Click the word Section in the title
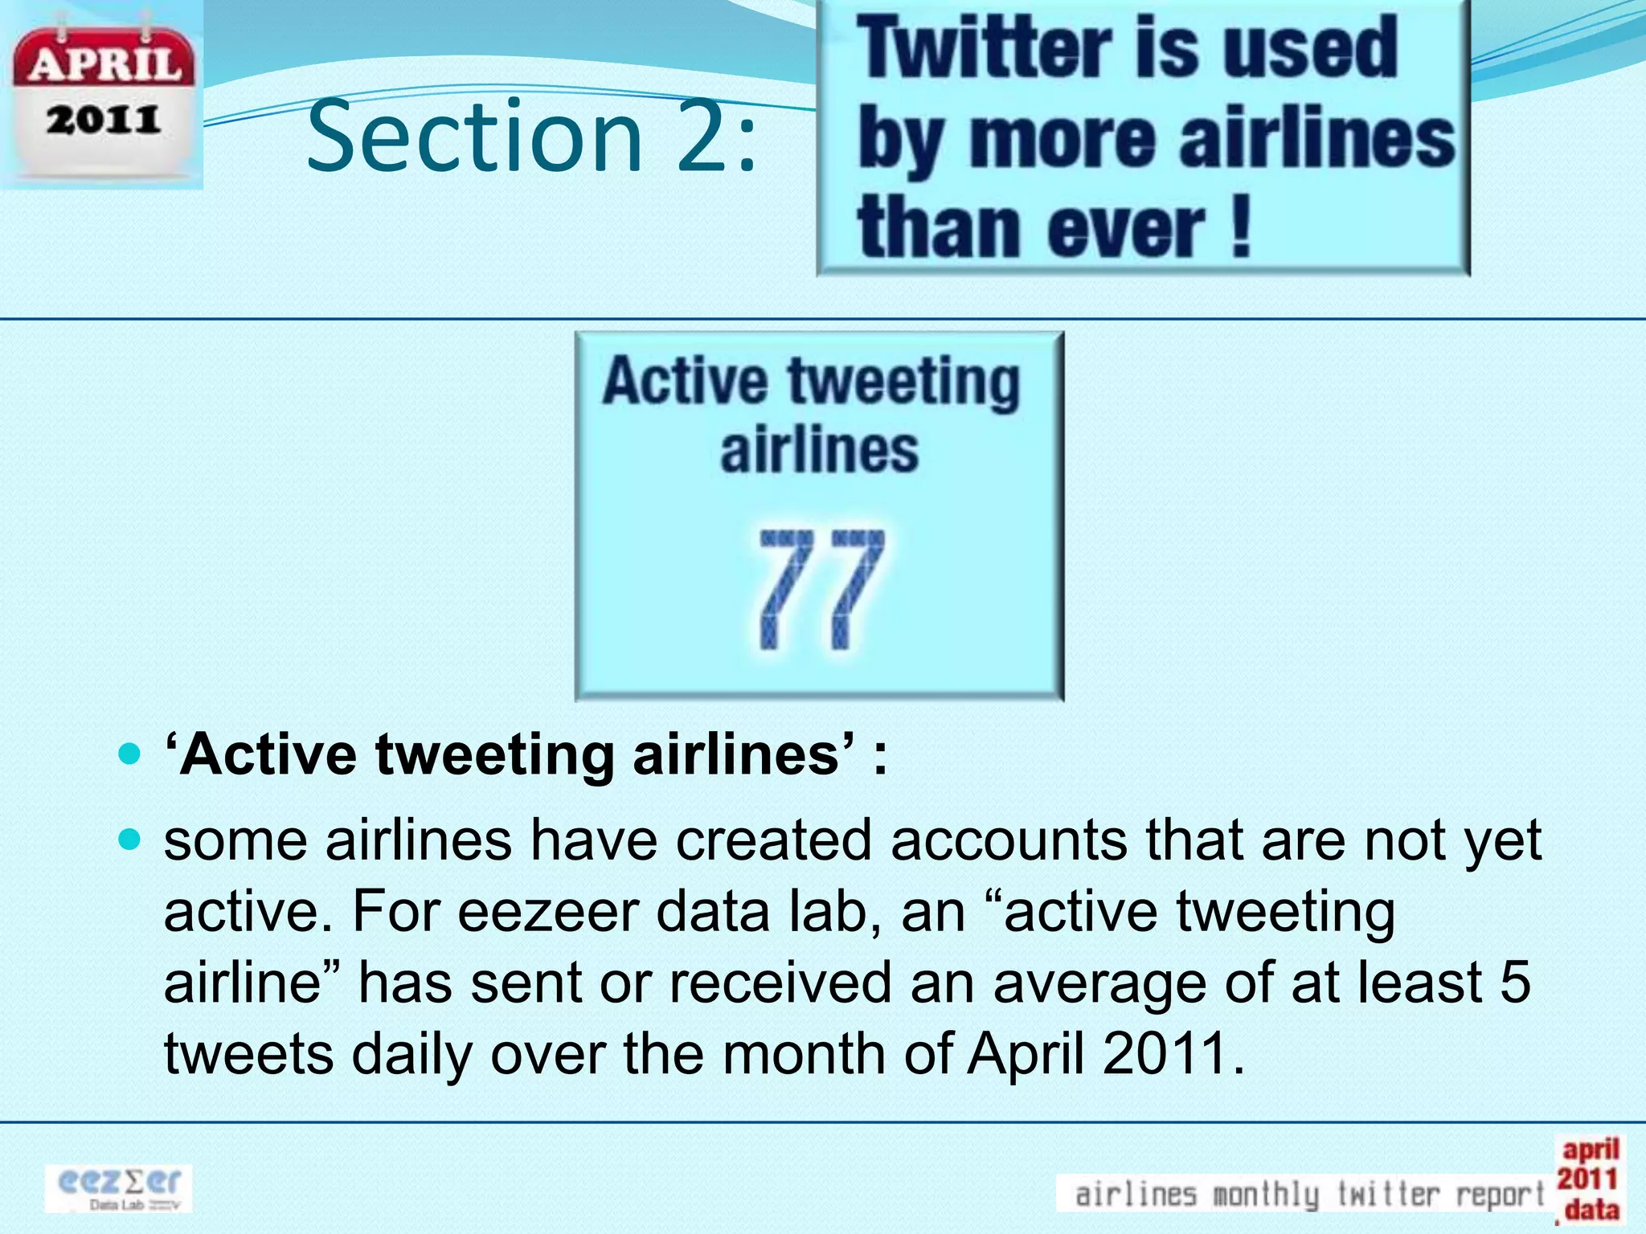point(474,137)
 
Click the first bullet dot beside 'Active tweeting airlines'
point(129,755)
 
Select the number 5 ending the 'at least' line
point(1514,983)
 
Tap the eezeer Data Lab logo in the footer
point(119,1188)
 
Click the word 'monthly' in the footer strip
point(1265,1195)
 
